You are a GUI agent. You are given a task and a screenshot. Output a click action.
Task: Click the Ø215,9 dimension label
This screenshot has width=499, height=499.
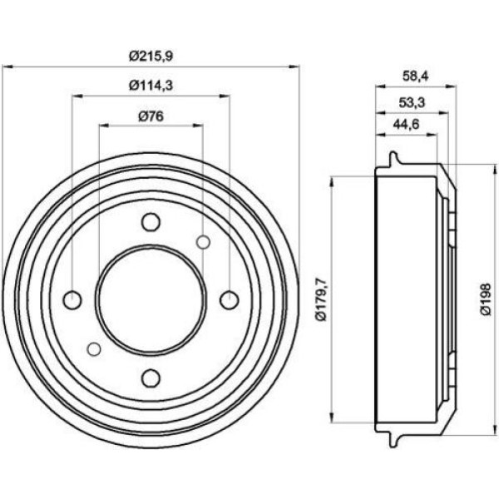coord(151,57)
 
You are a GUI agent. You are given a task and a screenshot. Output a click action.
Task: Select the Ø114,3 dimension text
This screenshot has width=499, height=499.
coord(151,86)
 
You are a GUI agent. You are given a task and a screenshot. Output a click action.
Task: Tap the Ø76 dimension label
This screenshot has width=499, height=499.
coord(151,116)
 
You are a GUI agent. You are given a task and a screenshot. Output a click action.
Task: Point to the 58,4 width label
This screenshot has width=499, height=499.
coord(416,76)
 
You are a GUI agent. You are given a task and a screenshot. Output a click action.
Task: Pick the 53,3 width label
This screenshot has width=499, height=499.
coord(413,103)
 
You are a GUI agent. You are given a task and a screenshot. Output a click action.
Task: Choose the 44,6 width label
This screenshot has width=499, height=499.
coord(406,124)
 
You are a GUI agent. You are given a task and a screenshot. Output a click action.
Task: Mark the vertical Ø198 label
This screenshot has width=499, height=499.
coord(486,299)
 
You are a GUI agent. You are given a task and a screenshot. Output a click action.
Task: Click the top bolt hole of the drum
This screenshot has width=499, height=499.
coord(151,222)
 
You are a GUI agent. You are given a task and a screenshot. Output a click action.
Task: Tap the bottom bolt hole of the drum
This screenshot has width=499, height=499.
coord(151,378)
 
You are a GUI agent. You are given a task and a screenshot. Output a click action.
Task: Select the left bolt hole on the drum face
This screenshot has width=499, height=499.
coord(72,300)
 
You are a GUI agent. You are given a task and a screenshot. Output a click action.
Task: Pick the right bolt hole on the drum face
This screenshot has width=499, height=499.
coord(230,299)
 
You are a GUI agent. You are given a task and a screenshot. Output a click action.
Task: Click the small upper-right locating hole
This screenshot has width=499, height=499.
coord(203,243)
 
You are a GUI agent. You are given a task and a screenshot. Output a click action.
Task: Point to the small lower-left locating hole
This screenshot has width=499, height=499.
coord(94,349)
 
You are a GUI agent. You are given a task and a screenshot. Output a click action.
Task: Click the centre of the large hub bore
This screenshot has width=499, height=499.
coord(151,299)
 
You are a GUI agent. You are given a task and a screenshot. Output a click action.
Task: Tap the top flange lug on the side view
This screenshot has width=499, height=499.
coord(393,158)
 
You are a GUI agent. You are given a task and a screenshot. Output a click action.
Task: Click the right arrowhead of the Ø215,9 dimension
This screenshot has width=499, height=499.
coord(294,67)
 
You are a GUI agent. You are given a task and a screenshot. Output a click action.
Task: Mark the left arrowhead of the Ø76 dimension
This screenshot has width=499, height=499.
coord(105,126)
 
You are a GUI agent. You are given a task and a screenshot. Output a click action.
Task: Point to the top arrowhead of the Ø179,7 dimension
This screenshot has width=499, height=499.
coord(333,181)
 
